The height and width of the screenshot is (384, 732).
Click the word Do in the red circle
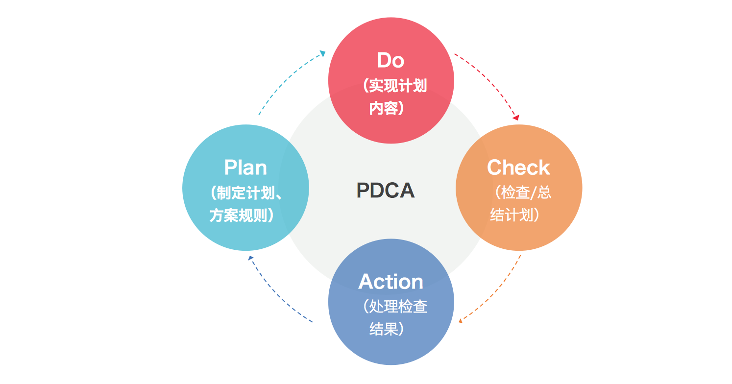[390, 60]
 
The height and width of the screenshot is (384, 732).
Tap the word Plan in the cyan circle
[245, 168]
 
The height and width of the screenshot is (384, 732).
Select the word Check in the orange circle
[518, 168]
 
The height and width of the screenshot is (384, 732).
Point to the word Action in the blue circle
[390, 282]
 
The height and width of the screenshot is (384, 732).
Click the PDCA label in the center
[386, 191]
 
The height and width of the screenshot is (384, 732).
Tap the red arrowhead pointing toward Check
[515, 118]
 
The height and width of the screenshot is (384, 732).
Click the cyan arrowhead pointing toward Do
[322, 53]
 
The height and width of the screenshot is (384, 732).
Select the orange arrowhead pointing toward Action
[460, 321]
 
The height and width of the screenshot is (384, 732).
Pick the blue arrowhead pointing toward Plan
[250, 258]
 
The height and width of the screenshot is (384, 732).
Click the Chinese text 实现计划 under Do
[397, 86]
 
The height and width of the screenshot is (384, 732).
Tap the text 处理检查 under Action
[396, 307]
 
